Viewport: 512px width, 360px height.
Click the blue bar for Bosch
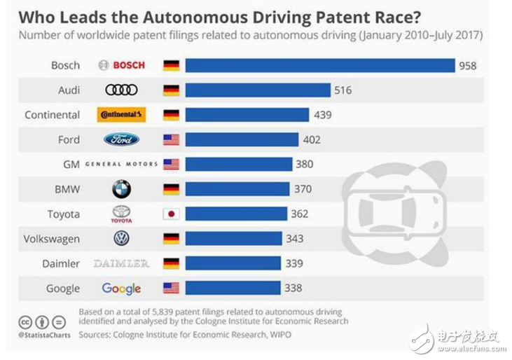click(320, 65)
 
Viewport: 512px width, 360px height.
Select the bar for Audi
click(258, 90)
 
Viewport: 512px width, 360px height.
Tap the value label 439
click(323, 115)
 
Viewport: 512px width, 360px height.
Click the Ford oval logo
click(121, 139)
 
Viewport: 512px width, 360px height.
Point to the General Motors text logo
click(121, 165)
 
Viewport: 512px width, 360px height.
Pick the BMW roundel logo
click(121, 188)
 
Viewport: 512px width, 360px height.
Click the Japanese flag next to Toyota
click(171, 214)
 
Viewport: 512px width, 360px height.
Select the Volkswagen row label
click(52, 239)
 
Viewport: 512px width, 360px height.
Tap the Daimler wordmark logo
click(121, 263)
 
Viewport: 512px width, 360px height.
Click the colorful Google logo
click(121, 289)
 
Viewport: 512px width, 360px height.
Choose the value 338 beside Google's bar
click(293, 289)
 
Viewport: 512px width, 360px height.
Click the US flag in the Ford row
click(171, 139)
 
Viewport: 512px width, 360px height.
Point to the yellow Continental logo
click(121, 115)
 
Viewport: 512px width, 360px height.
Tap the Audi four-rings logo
click(121, 90)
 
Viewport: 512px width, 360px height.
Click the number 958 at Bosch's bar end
click(467, 65)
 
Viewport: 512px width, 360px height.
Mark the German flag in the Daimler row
click(171, 263)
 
